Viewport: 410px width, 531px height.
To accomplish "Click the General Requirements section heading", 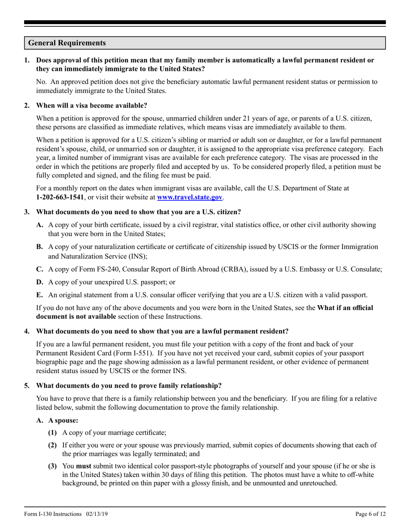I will (67, 43).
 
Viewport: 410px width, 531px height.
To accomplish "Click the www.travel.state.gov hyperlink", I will (189, 197).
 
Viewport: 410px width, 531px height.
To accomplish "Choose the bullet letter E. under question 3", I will (40, 295).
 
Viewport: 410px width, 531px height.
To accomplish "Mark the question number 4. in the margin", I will (27, 331).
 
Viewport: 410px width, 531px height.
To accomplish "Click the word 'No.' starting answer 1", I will (42, 82).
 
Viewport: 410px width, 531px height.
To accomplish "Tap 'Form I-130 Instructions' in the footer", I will (53, 514).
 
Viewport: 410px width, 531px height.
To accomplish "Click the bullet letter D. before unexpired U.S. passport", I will (40, 282).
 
